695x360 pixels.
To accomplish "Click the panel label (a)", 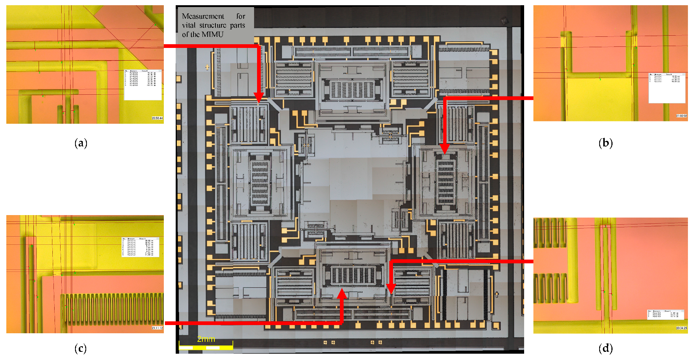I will [x=81, y=143].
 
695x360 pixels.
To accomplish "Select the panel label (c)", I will [x=81, y=348].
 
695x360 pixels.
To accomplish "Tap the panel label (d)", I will [x=605, y=348].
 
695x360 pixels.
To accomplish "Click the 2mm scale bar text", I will [x=206, y=339].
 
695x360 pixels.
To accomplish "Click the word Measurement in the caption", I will [x=203, y=16].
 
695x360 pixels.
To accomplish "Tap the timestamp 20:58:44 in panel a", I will [x=157, y=118].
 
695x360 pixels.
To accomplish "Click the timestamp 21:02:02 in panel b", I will [x=681, y=116].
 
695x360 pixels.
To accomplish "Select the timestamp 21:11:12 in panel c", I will [x=157, y=328].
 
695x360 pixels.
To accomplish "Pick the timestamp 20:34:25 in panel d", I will [x=681, y=328].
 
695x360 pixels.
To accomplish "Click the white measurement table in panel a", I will [x=143, y=85].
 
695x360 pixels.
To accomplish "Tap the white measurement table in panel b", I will [x=666, y=88].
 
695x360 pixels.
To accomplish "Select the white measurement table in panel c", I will [x=140, y=247].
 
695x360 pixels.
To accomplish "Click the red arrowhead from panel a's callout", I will [x=259, y=98].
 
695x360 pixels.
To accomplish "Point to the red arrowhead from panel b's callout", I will [x=444, y=149].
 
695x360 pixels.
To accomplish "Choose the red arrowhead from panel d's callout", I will [x=390, y=289].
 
